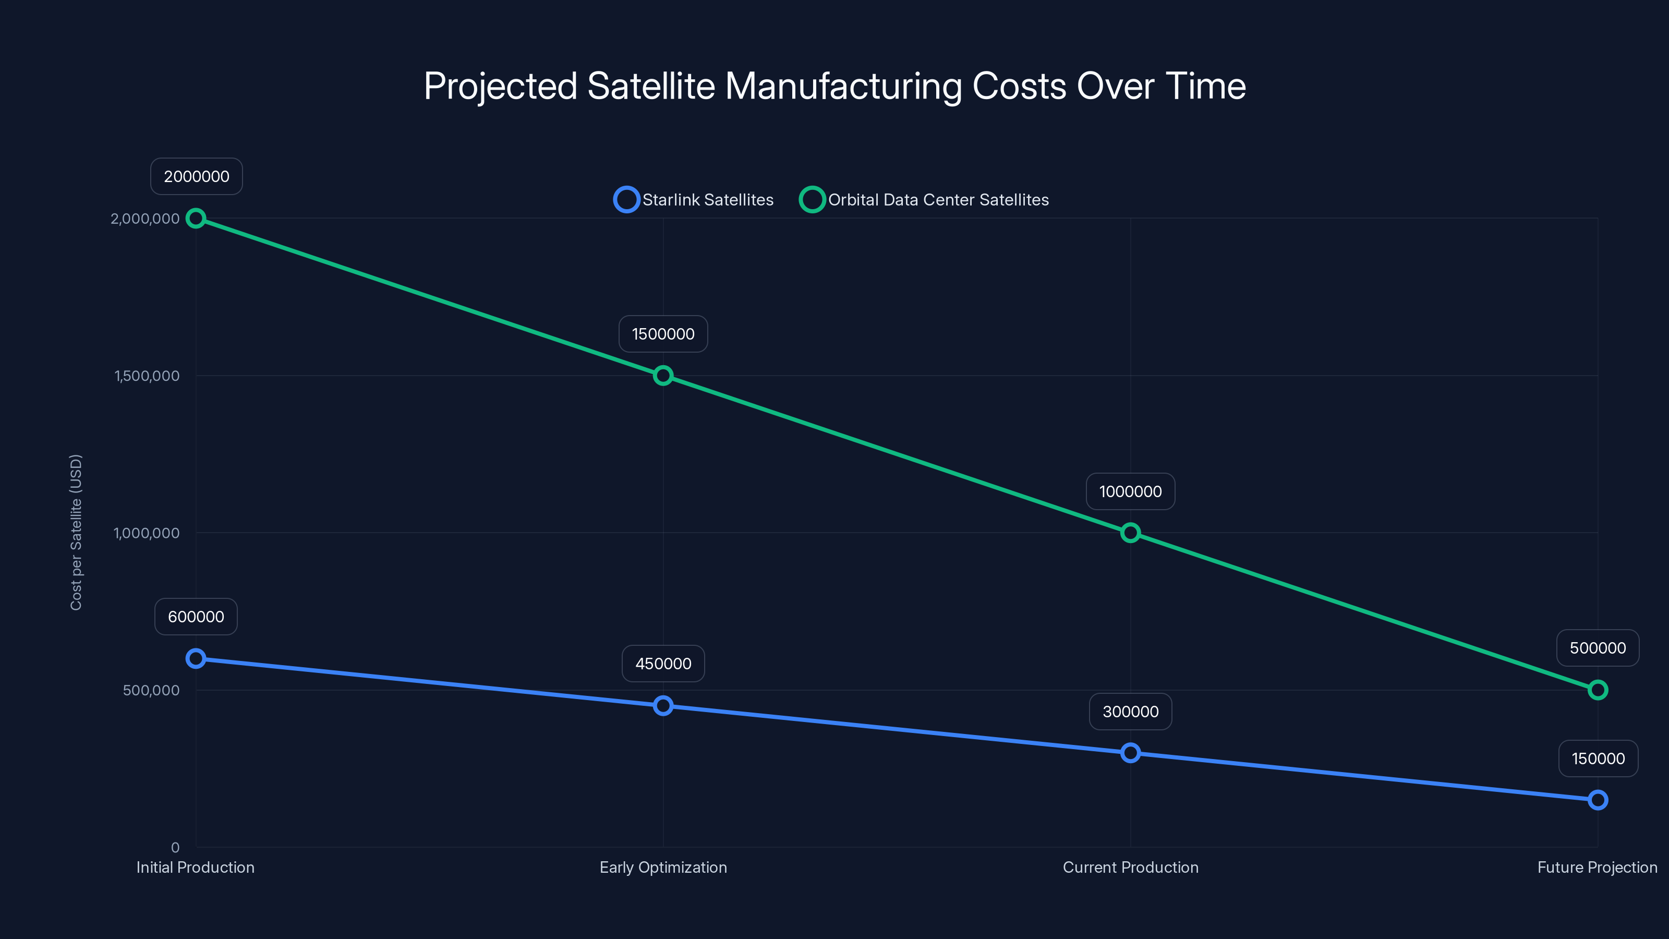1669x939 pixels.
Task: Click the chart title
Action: click(835, 86)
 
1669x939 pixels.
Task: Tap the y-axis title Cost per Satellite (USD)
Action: click(76, 532)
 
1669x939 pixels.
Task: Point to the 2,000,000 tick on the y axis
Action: click(145, 219)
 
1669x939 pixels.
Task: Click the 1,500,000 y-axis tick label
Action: click(147, 376)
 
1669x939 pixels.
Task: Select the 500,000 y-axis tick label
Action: click(151, 690)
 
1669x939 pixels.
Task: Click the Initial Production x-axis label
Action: click(195, 867)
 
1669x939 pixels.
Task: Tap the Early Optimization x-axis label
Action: click(663, 867)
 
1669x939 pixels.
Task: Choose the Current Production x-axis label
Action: click(1131, 867)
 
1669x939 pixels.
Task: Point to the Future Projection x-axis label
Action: click(1597, 867)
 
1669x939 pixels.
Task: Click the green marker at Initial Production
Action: click(196, 219)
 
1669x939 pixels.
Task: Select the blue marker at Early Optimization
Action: click(663, 706)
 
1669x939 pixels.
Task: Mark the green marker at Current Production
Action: click(1131, 533)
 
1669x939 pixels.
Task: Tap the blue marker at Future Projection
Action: click(1598, 800)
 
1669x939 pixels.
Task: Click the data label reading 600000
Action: click(196, 616)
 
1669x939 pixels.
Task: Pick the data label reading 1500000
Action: click(663, 334)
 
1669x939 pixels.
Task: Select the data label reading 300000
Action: click(1131, 712)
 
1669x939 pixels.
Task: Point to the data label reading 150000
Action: click(1598, 758)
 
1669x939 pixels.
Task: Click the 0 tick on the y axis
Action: click(175, 847)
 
